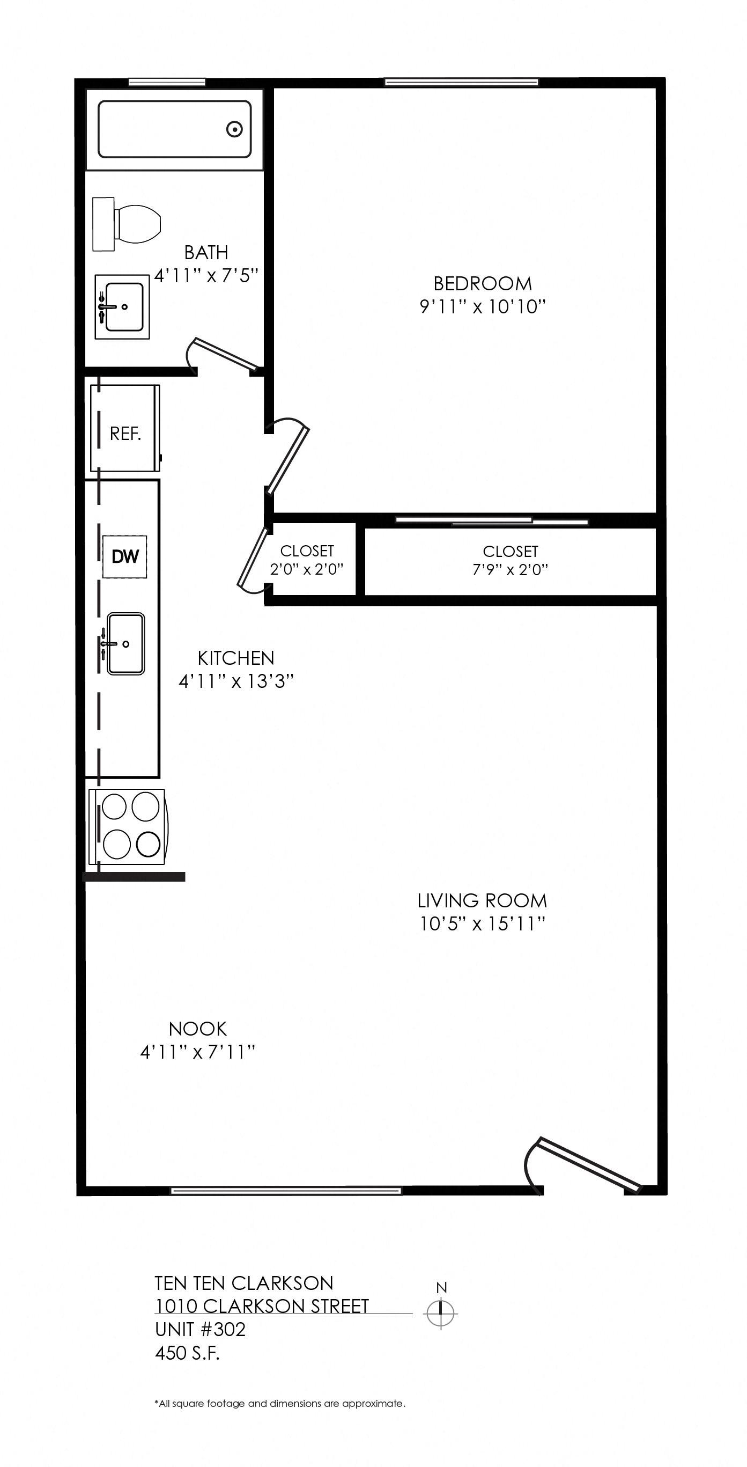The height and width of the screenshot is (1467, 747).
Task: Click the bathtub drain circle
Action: coord(234,129)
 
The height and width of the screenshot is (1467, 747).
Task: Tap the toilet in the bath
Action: coord(127,224)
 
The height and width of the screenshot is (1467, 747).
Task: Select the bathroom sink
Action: coord(122,307)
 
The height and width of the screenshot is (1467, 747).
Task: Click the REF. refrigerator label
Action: coord(125,434)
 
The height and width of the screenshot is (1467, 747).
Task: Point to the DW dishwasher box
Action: coord(125,556)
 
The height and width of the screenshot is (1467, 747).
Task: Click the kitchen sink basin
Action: coord(126,644)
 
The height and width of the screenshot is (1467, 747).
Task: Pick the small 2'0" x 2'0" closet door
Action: coord(252,560)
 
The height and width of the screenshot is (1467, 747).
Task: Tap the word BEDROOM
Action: coord(483,284)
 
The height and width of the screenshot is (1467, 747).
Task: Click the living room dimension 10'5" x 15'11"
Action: coord(483,923)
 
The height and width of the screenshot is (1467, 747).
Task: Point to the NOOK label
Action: coord(198,1029)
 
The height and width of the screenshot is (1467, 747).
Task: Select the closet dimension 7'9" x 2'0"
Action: coord(510,569)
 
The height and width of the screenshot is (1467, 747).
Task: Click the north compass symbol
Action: coord(441,1313)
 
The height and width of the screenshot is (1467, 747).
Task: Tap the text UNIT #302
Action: coord(201,1329)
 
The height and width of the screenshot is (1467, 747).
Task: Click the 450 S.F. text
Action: coord(187,1353)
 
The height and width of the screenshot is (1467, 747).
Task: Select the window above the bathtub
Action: coord(167,82)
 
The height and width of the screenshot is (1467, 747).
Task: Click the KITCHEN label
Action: coord(236,658)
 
